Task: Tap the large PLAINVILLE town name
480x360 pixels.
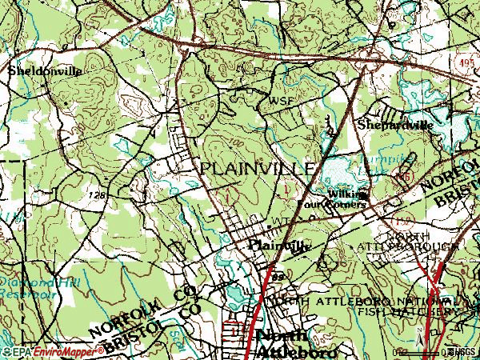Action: point(257,169)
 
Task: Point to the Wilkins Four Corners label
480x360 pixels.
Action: point(334,199)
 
